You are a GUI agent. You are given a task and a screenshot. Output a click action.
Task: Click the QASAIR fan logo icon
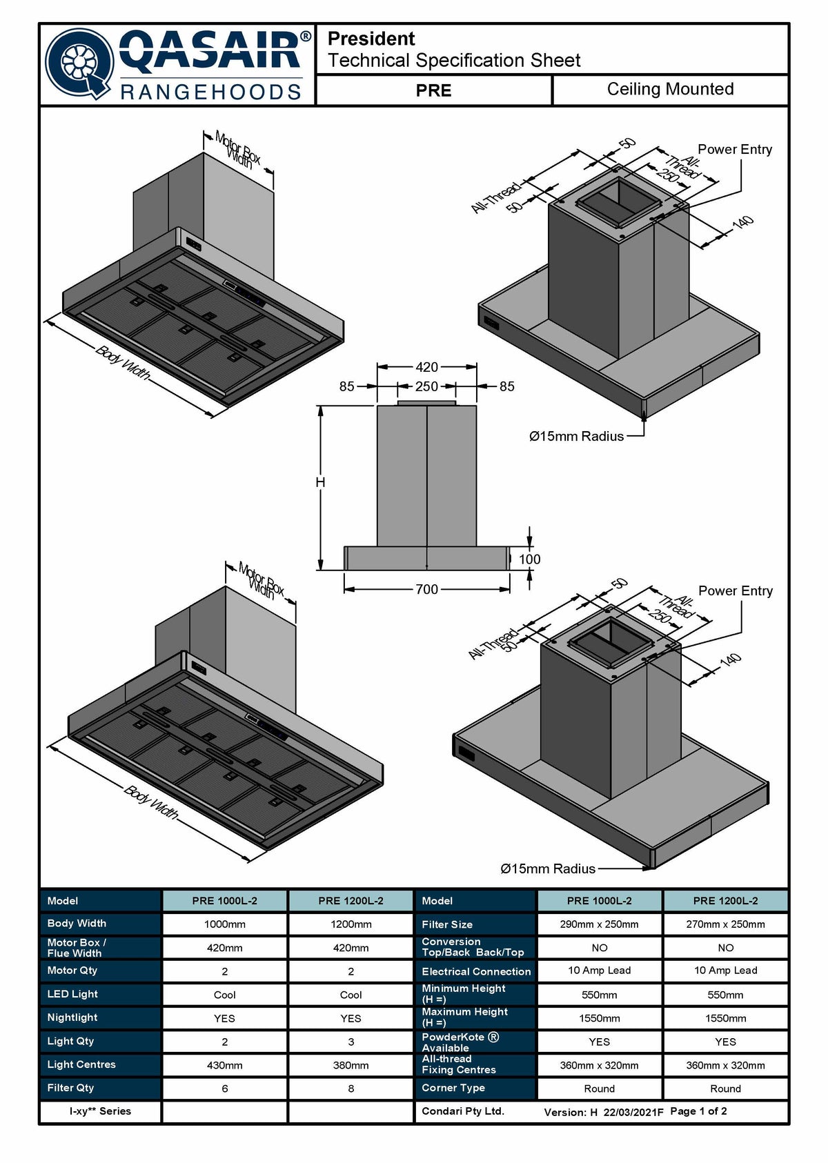tap(79, 64)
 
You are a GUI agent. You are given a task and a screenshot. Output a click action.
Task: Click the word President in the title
tap(371, 39)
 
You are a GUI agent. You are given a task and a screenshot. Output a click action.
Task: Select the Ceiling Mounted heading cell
tap(670, 89)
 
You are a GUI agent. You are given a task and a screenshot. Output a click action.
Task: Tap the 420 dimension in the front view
tap(426, 367)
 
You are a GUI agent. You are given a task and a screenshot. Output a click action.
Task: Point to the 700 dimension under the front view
tap(426, 589)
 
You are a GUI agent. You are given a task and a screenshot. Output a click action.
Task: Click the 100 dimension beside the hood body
tap(529, 559)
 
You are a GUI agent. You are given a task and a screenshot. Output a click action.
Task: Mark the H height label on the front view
tap(320, 482)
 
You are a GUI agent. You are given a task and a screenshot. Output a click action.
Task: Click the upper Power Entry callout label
tap(734, 150)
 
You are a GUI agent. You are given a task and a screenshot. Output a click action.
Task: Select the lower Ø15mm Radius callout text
tap(547, 869)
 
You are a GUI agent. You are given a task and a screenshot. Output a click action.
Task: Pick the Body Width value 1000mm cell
tap(224, 925)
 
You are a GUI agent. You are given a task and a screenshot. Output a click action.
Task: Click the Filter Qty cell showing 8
tap(351, 1089)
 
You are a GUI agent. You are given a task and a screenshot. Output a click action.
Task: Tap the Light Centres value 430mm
tap(224, 1065)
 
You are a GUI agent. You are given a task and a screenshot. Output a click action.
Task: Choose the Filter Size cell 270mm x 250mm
tap(725, 925)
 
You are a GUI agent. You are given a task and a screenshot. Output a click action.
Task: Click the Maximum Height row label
tap(464, 1017)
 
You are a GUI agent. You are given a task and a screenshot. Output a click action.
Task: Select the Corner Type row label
tap(453, 1089)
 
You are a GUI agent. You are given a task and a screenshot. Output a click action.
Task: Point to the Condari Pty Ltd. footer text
tap(463, 1111)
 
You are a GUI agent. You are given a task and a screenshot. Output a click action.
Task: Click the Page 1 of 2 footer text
tap(698, 1111)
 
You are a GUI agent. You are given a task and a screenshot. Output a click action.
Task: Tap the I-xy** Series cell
tap(100, 1111)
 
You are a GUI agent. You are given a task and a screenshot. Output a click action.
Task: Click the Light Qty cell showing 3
tap(351, 1042)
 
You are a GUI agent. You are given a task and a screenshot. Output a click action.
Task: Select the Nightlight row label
tap(72, 1017)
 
